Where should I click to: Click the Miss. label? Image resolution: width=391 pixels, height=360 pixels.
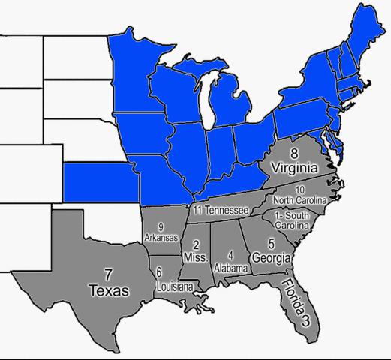point(195,257)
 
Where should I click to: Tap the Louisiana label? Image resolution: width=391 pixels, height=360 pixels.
point(174,286)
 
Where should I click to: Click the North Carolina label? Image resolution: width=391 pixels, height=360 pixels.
point(300,201)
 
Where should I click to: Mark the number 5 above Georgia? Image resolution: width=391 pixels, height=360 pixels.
point(271,244)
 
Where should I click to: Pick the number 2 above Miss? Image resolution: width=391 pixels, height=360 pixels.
point(195,244)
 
